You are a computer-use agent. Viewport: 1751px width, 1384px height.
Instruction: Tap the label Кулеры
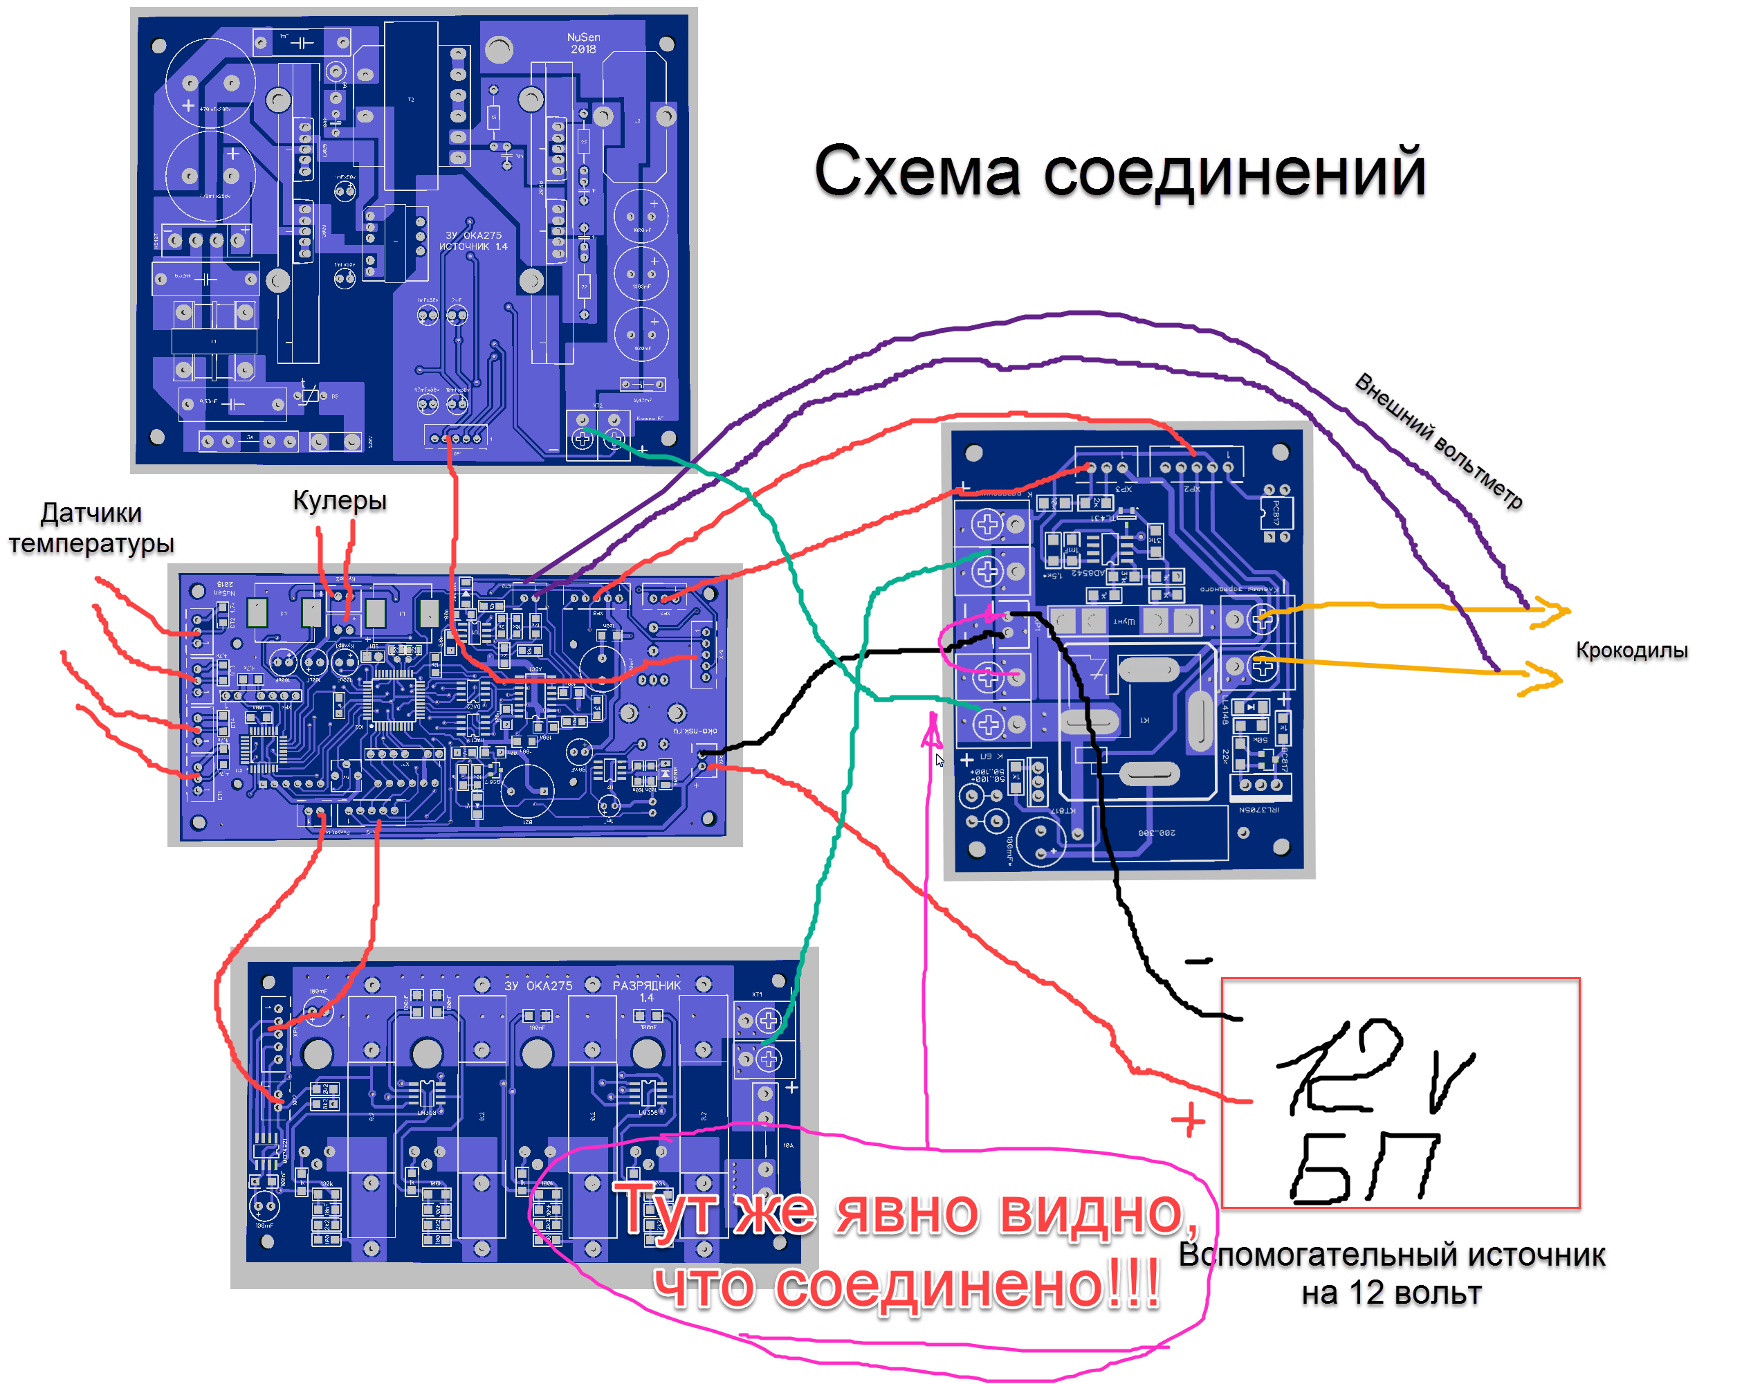340,500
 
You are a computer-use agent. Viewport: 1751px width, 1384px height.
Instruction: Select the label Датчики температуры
91,527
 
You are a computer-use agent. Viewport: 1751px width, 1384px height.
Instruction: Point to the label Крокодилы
1631,650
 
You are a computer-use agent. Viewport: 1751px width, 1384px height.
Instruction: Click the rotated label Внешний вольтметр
1438,441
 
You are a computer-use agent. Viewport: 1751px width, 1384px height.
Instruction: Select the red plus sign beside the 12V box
1188,1120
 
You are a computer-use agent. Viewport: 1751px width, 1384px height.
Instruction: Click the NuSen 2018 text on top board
583,43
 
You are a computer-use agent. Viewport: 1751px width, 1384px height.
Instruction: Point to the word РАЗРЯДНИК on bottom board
646,985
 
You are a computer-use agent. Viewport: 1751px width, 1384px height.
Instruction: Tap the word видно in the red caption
1097,1212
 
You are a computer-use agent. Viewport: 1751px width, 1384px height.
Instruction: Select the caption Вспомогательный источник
1391,1255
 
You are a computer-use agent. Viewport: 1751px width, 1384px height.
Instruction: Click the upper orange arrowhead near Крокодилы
1552,612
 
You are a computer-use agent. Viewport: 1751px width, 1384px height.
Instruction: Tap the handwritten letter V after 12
1451,1081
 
